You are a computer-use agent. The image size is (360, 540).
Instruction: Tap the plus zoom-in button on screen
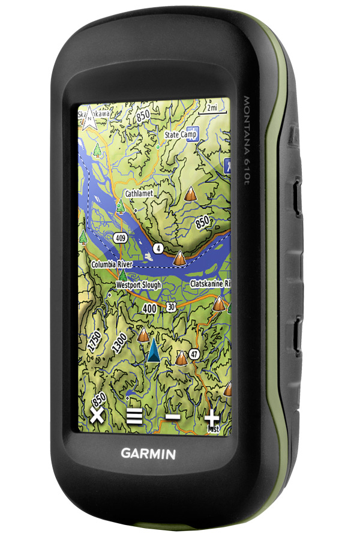(212, 418)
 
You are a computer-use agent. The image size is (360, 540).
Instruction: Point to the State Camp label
(181, 135)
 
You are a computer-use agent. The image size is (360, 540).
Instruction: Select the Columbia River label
(112, 264)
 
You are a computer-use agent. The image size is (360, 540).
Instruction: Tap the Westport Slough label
(138, 285)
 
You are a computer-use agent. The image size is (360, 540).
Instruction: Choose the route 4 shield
(158, 247)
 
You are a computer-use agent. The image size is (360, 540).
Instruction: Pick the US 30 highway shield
(172, 307)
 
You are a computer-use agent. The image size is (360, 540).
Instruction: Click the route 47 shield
(194, 354)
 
